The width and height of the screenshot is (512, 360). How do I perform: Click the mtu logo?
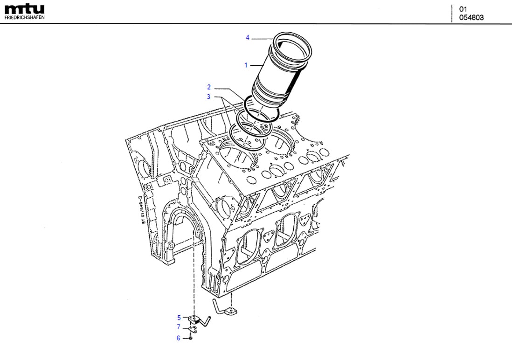pyautogui.click(x=24, y=9)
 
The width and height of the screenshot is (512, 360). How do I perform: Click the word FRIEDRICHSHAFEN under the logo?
pyautogui.click(x=24, y=18)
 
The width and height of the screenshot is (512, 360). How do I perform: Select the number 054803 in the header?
pyautogui.click(x=471, y=18)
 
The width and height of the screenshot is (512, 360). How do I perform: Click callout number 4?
pyautogui.click(x=248, y=37)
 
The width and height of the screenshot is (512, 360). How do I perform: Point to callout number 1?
pyautogui.click(x=246, y=65)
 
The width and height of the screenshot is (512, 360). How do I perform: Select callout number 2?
pyautogui.click(x=209, y=87)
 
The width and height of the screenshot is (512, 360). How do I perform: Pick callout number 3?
pyautogui.click(x=209, y=97)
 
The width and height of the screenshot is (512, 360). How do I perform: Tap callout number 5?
pyautogui.click(x=178, y=318)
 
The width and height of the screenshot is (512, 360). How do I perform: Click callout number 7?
pyautogui.click(x=178, y=327)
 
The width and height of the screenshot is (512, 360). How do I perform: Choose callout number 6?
pyautogui.click(x=178, y=338)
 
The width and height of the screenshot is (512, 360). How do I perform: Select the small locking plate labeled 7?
pyautogui.click(x=193, y=329)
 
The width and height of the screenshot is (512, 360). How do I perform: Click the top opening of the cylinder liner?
pyautogui.click(x=292, y=44)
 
